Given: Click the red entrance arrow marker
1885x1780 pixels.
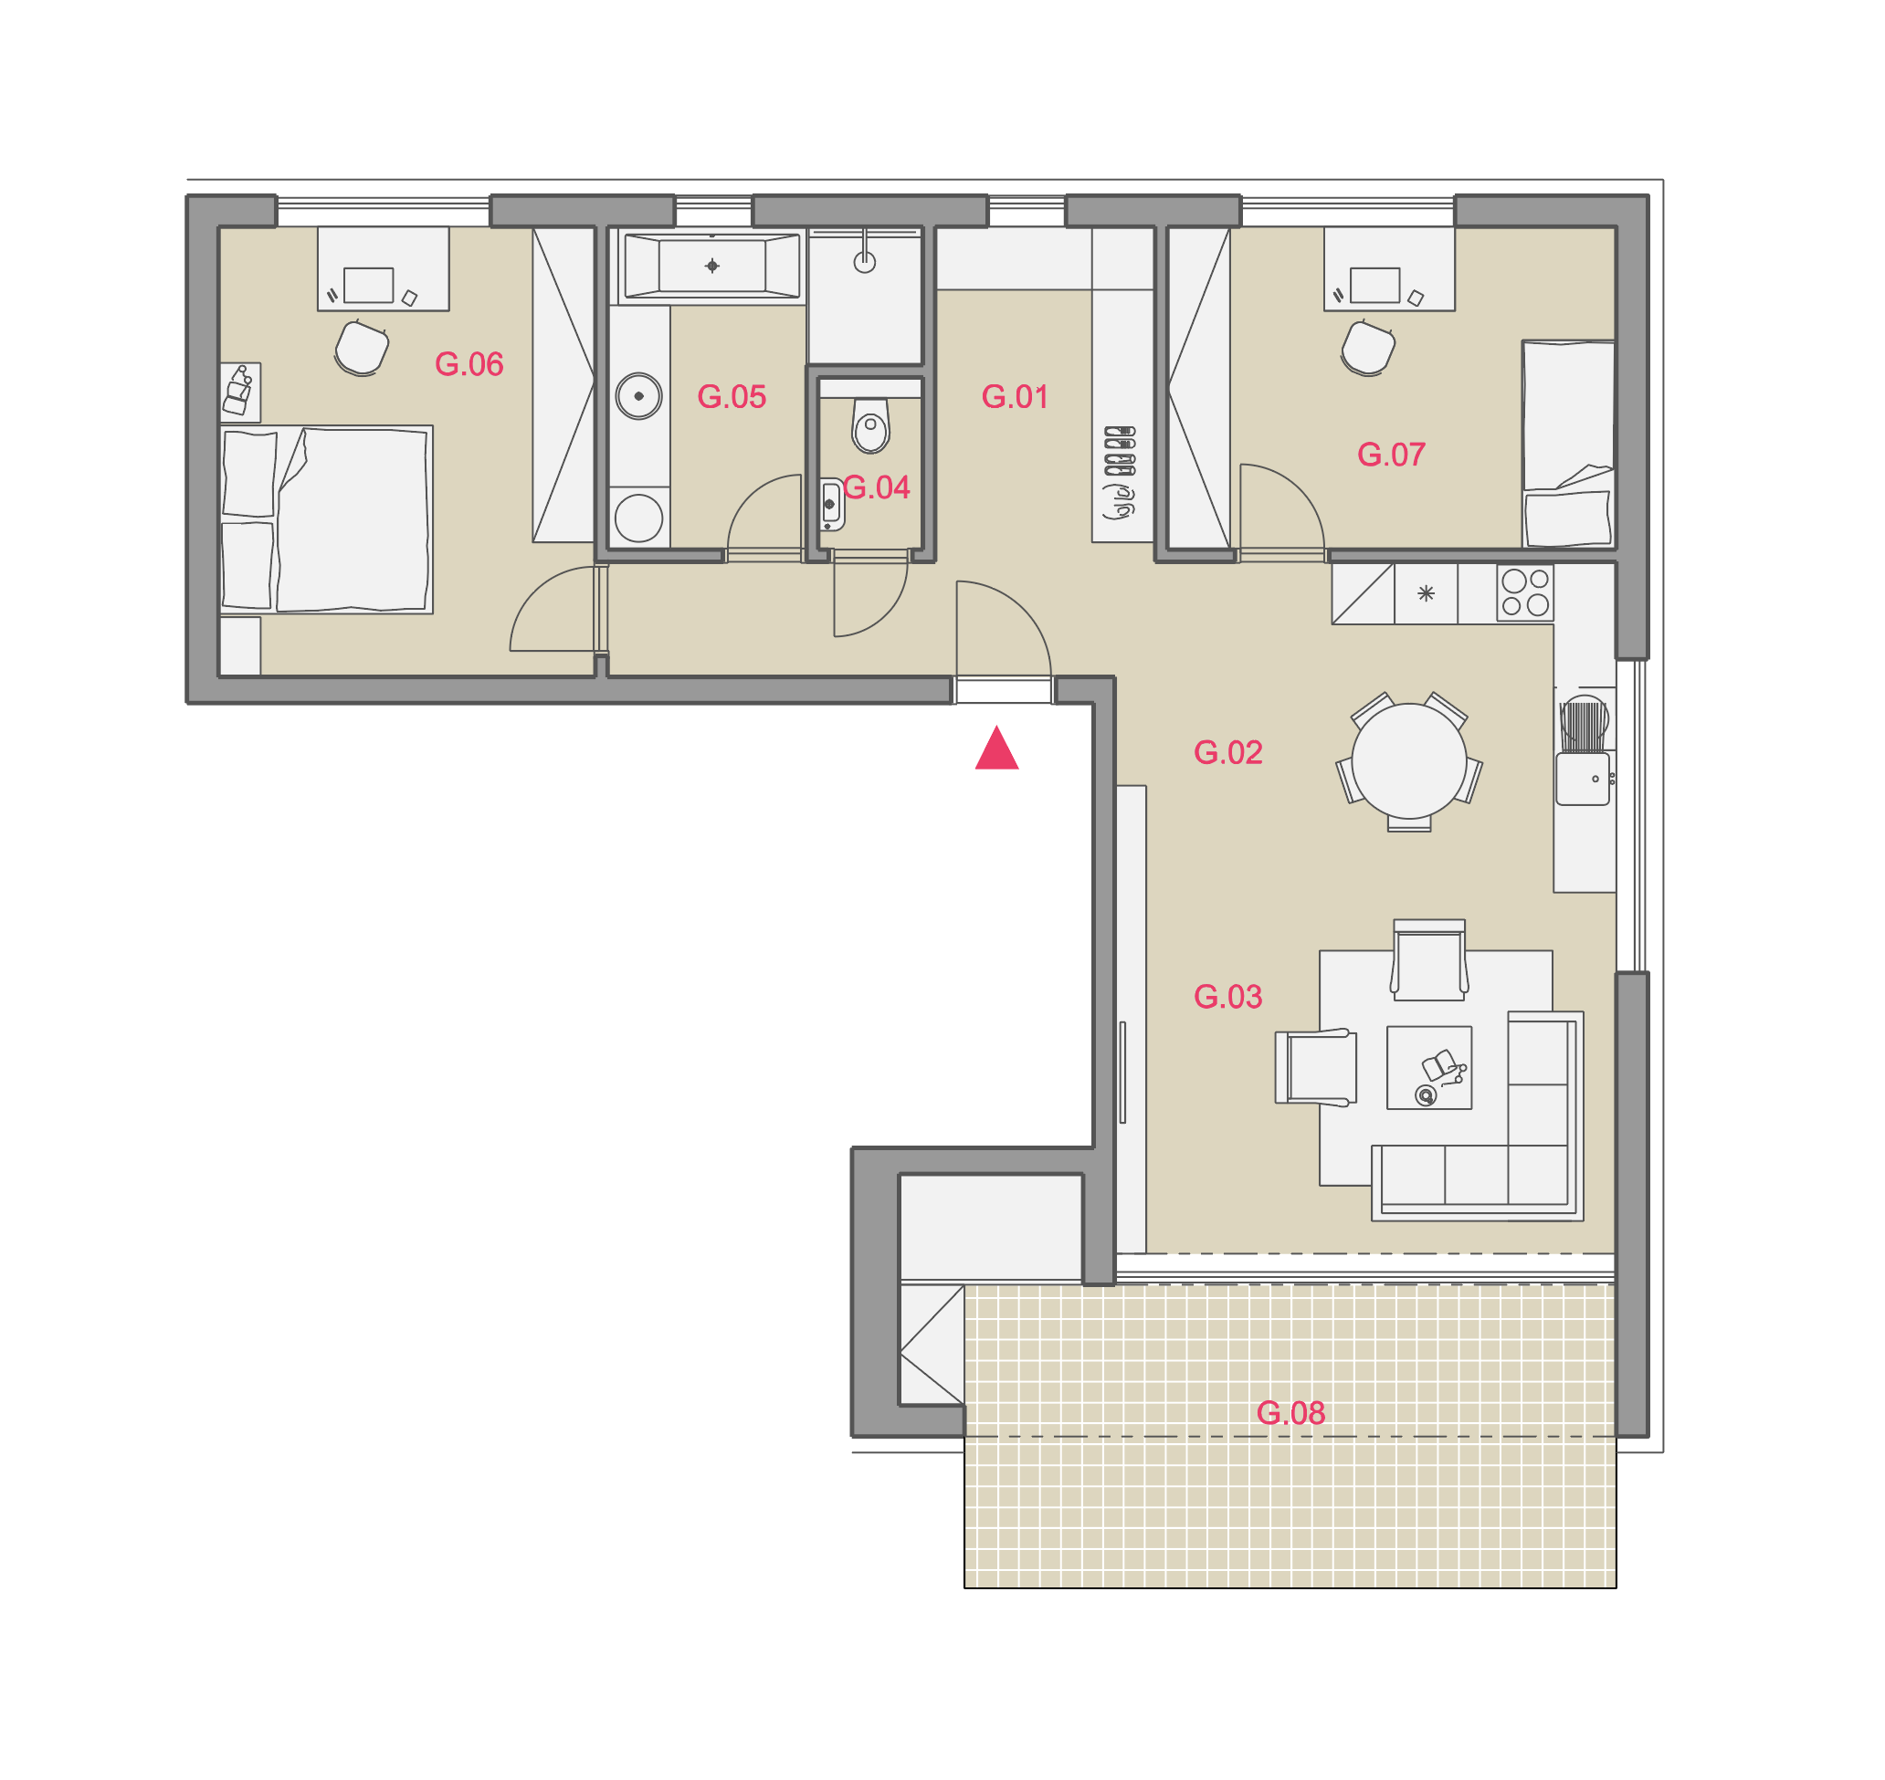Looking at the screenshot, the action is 996,749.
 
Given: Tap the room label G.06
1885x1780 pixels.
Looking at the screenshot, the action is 469,364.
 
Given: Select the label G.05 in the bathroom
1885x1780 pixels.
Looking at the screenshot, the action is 732,396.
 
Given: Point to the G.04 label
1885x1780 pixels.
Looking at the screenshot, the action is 876,487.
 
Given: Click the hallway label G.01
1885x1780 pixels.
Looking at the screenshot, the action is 1015,396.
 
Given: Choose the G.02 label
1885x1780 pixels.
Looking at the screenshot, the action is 1228,752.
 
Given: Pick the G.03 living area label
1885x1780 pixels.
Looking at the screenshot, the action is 1228,996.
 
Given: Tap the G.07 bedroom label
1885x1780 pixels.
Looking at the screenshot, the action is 1392,455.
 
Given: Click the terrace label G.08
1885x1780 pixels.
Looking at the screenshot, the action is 1290,1413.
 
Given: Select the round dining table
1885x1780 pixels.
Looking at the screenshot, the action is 1409,761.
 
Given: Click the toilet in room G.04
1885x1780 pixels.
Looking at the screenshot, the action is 870,426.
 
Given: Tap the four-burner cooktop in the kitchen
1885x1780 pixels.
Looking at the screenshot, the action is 1525,592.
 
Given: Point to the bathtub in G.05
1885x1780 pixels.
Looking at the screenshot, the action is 711,267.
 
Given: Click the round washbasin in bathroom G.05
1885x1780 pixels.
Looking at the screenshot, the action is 638,395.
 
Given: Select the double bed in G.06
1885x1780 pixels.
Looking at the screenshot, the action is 327,519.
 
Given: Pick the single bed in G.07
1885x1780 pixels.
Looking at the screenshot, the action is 1569,444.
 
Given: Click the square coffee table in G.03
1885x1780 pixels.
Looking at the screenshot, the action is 1429,1067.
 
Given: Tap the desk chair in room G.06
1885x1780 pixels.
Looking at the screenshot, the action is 362,348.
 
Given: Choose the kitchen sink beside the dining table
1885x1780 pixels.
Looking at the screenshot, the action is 1584,779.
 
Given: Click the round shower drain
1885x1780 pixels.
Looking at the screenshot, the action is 865,262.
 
